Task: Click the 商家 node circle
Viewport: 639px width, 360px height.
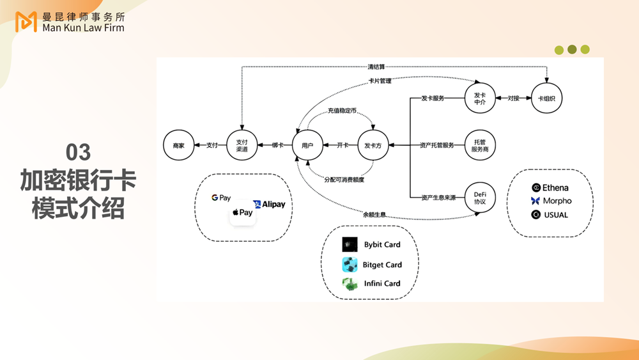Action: (x=178, y=146)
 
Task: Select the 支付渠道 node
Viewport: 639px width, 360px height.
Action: (x=242, y=146)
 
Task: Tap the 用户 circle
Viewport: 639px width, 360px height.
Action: (x=307, y=146)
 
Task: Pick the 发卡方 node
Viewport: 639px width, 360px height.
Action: (x=373, y=146)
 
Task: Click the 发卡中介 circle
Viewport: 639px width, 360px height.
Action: (x=481, y=98)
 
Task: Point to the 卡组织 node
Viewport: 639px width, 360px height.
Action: (x=546, y=98)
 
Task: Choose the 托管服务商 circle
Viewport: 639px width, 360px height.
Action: (x=481, y=145)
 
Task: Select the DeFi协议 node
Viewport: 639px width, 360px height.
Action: (x=481, y=198)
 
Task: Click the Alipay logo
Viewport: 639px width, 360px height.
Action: (x=269, y=205)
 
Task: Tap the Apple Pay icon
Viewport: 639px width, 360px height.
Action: (x=242, y=213)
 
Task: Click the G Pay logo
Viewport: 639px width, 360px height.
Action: (x=221, y=198)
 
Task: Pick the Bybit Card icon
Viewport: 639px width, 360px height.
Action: (x=350, y=244)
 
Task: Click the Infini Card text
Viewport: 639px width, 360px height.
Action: (x=381, y=283)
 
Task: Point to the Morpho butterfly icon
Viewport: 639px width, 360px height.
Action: (x=535, y=201)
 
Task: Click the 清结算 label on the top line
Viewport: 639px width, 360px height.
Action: (x=376, y=67)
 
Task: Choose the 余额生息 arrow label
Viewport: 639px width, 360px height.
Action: (x=374, y=214)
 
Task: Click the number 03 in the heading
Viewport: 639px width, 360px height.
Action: (x=79, y=152)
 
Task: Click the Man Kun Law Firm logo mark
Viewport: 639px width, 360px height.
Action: (x=26, y=21)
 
